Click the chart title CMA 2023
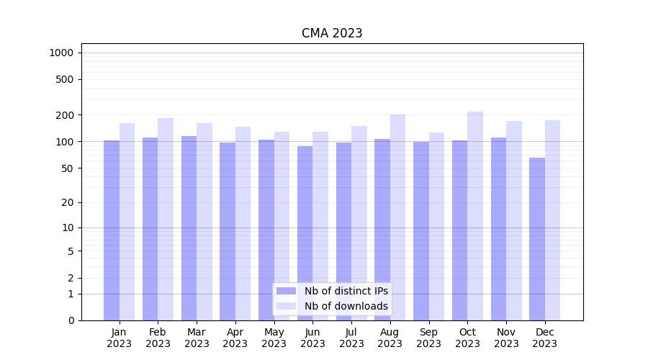(x=332, y=33)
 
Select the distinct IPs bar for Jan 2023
(x=112, y=230)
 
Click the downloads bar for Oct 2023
(x=475, y=216)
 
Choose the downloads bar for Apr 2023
(x=243, y=223)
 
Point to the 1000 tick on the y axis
(x=61, y=53)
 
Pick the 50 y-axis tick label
(x=68, y=168)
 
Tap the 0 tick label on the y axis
(x=71, y=320)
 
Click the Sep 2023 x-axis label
(x=428, y=338)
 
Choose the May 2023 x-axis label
(x=274, y=338)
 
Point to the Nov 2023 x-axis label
(x=506, y=338)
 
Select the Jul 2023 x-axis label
(x=351, y=338)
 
